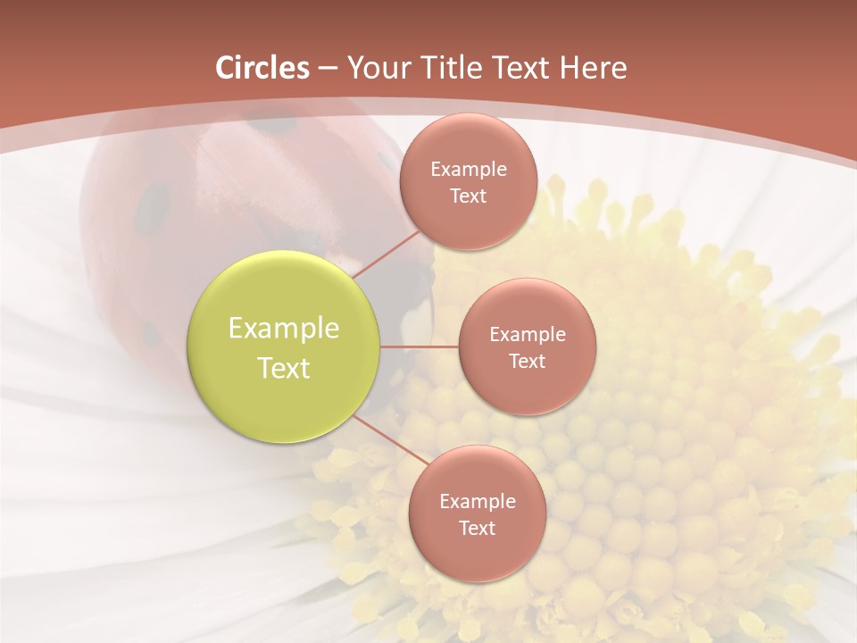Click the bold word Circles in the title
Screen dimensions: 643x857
(x=262, y=68)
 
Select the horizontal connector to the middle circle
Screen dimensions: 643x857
(x=420, y=347)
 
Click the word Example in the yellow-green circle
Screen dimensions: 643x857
(x=284, y=329)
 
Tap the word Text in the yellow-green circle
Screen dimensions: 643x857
(x=284, y=368)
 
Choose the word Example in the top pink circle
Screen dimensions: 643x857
(x=469, y=170)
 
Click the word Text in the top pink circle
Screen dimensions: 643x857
(x=468, y=196)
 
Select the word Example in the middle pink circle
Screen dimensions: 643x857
(x=528, y=335)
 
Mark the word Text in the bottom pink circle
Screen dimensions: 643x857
(x=477, y=529)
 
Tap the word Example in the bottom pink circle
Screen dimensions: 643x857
(x=478, y=502)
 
